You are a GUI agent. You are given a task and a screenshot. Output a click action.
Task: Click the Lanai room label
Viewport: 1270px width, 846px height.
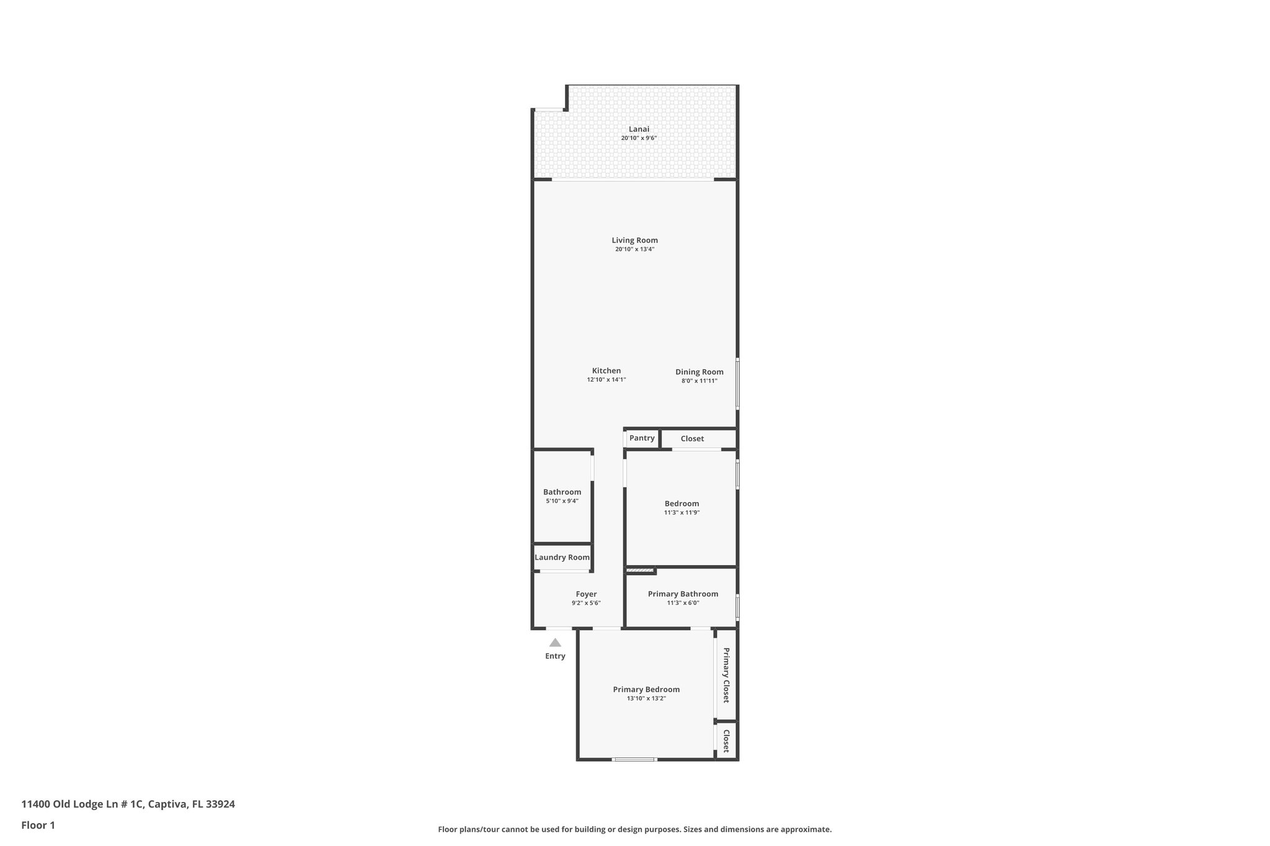(x=639, y=129)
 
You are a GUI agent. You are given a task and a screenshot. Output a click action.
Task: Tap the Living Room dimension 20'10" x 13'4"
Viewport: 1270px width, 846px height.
(x=634, y=249)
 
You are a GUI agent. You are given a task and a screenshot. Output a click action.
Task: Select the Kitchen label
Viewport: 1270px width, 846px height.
(x=606, y=371)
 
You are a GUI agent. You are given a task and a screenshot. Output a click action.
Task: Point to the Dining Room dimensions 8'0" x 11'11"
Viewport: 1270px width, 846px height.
(x=699, y=381)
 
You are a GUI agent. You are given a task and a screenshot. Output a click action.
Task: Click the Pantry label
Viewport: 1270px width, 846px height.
(x=642, y=438)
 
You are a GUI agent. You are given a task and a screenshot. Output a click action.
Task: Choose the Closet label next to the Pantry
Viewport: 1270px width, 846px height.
(x=692, y=439)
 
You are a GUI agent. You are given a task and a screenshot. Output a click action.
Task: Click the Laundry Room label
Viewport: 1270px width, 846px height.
(x=562, y=557)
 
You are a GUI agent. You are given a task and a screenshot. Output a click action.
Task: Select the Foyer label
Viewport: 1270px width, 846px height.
(x=586, y=594)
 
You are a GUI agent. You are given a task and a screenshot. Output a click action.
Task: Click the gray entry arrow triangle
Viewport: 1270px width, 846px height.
(x=555, y=643)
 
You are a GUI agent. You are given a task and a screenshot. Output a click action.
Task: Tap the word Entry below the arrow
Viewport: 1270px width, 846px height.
(x=555, y=656)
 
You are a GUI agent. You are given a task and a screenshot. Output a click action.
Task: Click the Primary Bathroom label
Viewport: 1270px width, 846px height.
(x=683, y=594)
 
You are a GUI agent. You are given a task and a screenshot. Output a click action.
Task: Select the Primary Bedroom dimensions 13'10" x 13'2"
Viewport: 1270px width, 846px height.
(x=646, y=698)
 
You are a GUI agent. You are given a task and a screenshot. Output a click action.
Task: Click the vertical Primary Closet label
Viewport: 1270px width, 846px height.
(x=726, y=675)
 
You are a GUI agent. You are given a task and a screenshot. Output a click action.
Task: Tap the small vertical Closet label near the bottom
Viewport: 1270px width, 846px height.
(x=726, y=740)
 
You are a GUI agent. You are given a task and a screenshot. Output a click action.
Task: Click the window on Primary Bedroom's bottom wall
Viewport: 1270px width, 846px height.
(x=634, y=759)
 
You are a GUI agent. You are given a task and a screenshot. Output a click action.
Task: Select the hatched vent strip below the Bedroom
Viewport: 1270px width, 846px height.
(x=640, y=570)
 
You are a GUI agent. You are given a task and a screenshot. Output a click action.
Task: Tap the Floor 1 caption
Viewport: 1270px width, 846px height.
(x=38, y=825)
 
